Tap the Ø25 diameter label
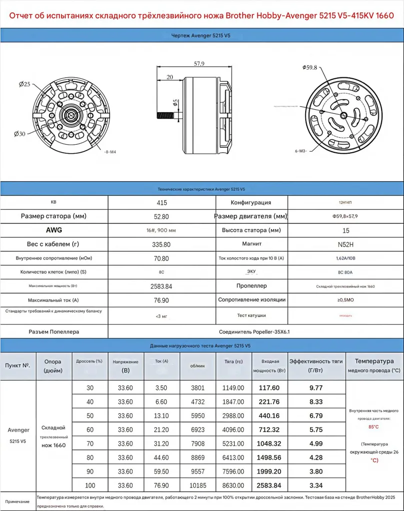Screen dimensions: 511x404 (x=24, y=84)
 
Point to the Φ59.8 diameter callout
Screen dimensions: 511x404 (x=310, y=67)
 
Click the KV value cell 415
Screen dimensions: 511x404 (x=162, y=203)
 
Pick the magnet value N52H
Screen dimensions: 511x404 (x=346, y=245)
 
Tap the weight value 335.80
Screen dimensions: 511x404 (x=161, y=245)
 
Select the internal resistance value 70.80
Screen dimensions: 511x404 (x=161, y=258)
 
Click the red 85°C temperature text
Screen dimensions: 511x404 (x=374, y=427)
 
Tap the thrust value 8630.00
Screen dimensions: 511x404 (x=233, y=485)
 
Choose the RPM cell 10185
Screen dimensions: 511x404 (x=198, y=485)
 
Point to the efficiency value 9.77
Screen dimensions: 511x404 (x=316, y=387)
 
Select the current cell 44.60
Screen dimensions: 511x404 (x=161, y=457)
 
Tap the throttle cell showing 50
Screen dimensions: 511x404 (x=90, y=415)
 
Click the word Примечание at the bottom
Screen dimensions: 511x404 (x=17, y=501)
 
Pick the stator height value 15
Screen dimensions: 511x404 (x=346, y=231)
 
